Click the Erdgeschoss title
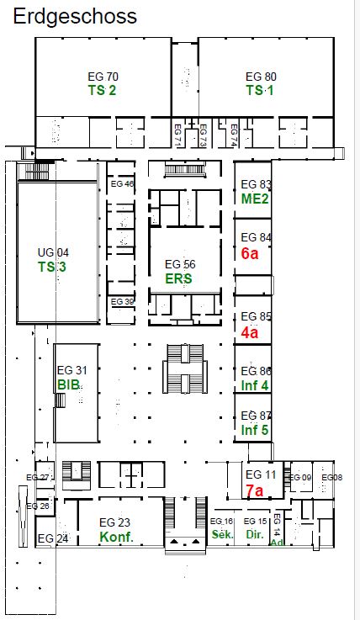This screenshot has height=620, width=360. click(75, 17)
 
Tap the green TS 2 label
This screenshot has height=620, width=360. click(103, 90)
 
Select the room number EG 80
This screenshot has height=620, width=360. click(261, 77)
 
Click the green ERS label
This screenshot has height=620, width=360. click(178, 278)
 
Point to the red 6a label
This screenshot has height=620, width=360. click(250, 253)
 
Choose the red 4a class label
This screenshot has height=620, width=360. click(250, 332)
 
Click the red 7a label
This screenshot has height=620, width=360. click(255, 490)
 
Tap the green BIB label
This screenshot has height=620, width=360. click(69, 384)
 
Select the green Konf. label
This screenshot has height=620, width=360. click(117, 537)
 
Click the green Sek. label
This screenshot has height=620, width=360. click(223, 534)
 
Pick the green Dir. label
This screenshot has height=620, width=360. click(255, 534)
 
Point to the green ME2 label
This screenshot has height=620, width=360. click(255, 199)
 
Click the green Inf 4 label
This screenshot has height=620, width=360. click(255, 384)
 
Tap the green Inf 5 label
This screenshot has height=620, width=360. click(255, 429)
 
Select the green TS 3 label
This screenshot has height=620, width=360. click(52, 267)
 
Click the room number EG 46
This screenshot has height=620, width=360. click(122, 184)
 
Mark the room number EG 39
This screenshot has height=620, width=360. click(122, 302)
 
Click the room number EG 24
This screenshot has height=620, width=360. click(53, 538)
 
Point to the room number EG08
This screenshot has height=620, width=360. click(332, 477)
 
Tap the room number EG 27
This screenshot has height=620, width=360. click(38, 477)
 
